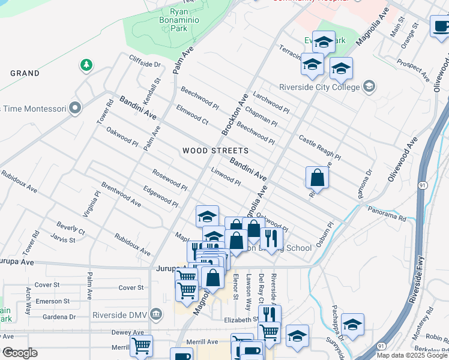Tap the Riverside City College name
319,86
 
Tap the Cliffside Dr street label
145,61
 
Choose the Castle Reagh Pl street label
319,148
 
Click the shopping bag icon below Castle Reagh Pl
317,178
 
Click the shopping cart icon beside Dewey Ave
141,346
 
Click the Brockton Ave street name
234,114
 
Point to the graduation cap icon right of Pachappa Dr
354,325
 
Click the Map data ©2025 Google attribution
411,355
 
